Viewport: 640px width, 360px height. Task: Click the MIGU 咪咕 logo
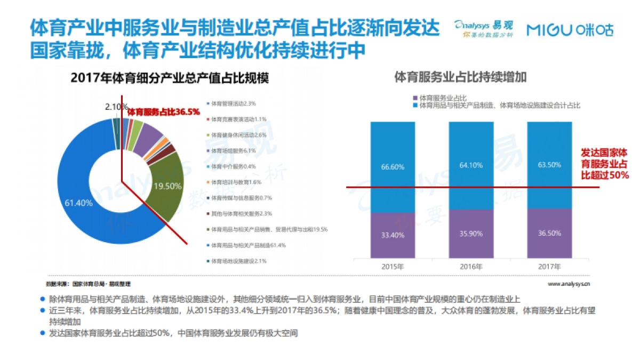570,30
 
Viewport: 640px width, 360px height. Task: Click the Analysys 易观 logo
483,28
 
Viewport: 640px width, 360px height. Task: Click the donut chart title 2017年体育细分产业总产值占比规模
169,78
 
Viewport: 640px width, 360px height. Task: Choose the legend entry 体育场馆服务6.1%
233,150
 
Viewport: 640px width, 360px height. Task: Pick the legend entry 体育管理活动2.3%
233,103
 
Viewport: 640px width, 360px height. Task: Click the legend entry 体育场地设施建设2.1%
238,261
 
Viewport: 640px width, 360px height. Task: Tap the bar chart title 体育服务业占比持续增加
460,77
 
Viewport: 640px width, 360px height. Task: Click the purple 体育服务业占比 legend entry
440,98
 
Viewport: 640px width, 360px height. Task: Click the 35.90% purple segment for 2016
471,233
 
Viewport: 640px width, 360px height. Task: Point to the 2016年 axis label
471,266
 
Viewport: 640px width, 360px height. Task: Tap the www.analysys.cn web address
572,284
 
